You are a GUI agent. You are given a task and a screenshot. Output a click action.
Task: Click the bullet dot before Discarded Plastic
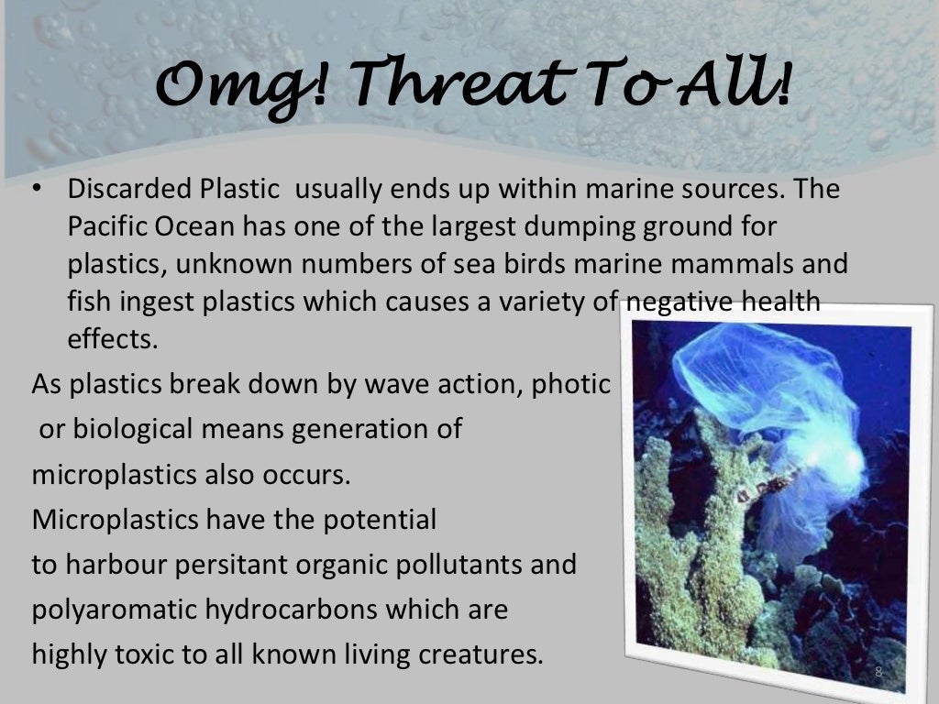(38, 190)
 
